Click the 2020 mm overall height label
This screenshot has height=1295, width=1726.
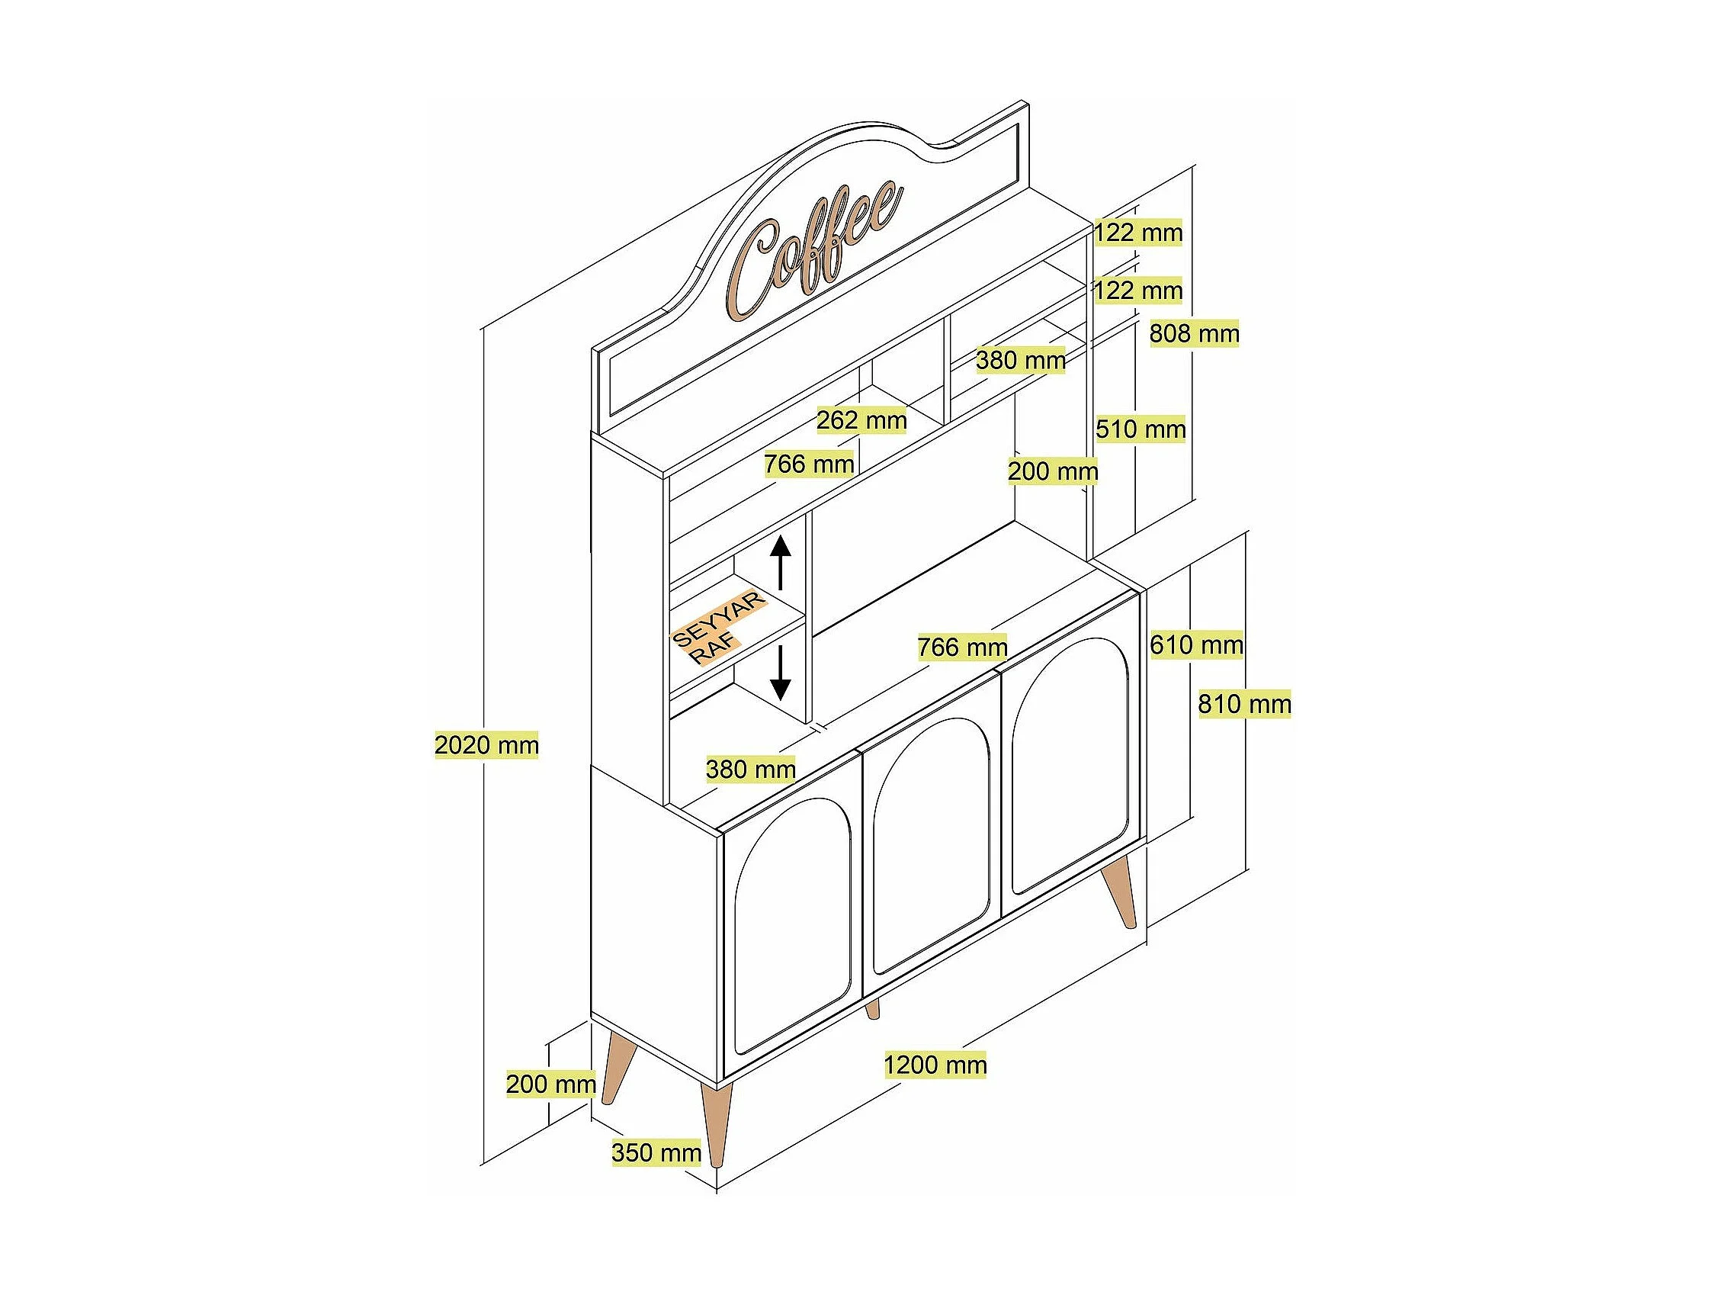coord(486,745)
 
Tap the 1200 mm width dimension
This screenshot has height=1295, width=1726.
coord(935,1065)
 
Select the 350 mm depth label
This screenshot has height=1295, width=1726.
coord(656,1153)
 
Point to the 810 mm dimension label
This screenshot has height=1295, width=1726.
coord(1244,704)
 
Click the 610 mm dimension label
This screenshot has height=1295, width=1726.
coord(1196,644)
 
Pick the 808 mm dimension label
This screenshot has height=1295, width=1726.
coord(1194,334)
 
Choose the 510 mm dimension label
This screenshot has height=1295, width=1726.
coord(1140,429)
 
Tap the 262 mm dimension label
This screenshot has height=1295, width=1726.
coord(861,421)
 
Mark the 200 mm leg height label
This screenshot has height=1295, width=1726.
coord(551,1085)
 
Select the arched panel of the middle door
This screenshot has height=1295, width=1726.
coord(931,847)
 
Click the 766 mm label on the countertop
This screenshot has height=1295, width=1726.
coord(962,647)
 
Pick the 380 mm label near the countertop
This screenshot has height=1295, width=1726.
coord(751,770)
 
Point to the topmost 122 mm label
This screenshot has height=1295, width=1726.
coord(1137,233)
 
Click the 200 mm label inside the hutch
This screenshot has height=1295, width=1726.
coord(1053,471)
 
